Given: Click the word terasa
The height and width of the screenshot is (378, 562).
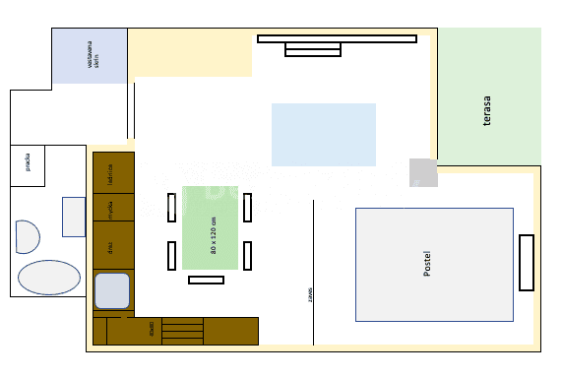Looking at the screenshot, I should pyautogui.click(x=487, y=111).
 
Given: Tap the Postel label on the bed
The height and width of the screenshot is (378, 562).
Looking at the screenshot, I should pyautogui.click(x=427, y=264).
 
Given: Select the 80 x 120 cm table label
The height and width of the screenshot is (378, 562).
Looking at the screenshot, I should pyautogui.click(x=213, y=235).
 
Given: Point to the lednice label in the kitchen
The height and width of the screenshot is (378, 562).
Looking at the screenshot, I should pyautogui.click(x=111, y=173).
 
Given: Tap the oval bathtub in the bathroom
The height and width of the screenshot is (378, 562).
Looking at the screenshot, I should pyautogui.click(x=49, y=278).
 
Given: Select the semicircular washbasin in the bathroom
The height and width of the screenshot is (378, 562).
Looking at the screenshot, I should pyautogui.click(x=27, y=237).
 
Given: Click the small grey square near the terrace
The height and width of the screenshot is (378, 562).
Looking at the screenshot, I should pyautogui.click(x=423, y=172).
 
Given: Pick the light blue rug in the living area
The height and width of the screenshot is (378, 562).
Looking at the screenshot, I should pyautogui.click(x=323, y=135).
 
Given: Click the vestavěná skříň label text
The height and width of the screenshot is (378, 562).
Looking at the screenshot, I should pyautogui.click(x=90, y=55).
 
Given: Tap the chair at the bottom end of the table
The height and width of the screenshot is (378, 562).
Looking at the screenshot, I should pyautogui.click(x=206, y=280).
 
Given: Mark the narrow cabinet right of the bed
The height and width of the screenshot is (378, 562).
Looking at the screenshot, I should pyautogui.click(x=527, y=262).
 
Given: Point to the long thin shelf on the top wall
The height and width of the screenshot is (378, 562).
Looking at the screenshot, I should pyautogui.click(x=337, y=39).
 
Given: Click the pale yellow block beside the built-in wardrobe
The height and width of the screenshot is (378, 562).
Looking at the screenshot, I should pyautogui.click(x=190, y=53).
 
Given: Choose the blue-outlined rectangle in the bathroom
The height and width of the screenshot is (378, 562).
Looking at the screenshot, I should pyautogui.click(x=74, y=217).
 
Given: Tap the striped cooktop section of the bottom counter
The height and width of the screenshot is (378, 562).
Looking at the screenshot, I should pyautogui.click(x=181, y=330).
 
